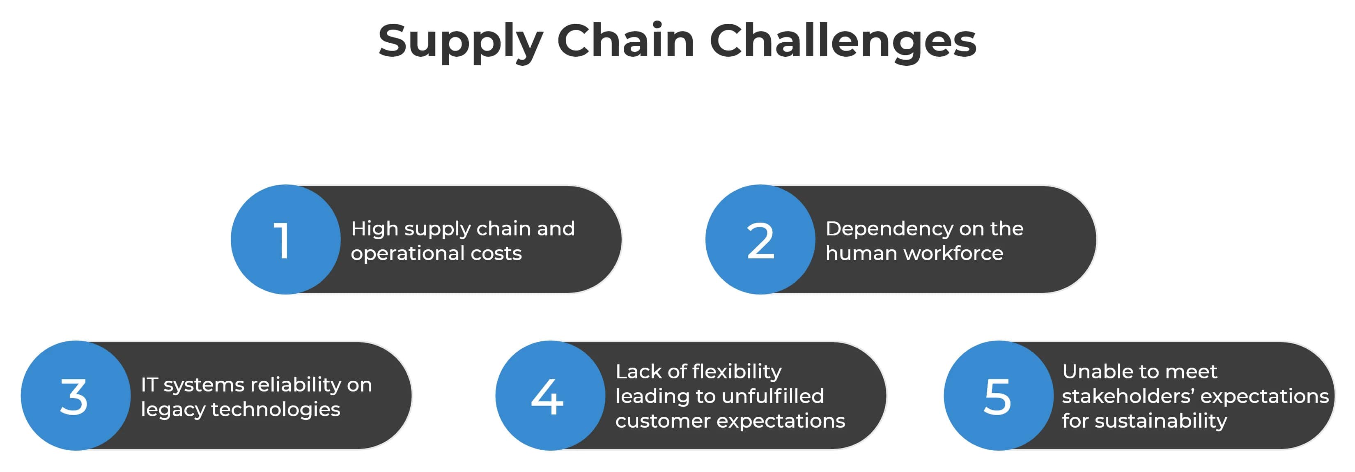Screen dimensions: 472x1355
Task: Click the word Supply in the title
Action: [x=460, y=42]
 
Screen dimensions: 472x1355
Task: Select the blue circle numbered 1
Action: [x=286, y=239]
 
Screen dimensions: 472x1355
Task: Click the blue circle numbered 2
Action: [x=760, y=239]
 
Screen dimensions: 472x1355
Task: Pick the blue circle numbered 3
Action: [x=75, y=396]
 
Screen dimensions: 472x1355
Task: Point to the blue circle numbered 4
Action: [x=550, y=396]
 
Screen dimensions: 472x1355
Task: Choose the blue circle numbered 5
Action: [x=998, y=396]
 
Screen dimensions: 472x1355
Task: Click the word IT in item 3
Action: [x=149, y=385]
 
